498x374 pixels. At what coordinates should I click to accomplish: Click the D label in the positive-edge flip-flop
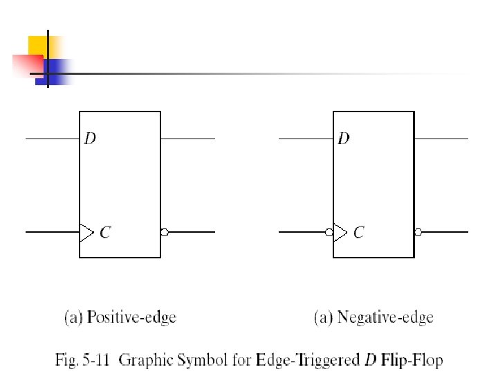pos(90,139)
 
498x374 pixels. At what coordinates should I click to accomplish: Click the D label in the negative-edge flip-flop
pos(344,139)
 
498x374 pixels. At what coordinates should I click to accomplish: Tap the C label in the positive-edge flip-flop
pos(104,233)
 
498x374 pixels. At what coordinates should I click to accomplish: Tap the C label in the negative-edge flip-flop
pos(358,233)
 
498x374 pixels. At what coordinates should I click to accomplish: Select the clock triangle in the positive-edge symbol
pos(86,232)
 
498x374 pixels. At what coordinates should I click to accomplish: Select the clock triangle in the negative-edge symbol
pos(340,232)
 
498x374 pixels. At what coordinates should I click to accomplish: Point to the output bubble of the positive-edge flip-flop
pos(164,232)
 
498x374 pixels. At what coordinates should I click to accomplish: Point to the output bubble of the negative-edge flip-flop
pos(418,232)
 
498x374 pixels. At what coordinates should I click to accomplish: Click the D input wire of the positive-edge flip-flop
pos(53,139)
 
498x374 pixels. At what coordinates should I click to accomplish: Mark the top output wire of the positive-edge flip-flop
pos(187,139)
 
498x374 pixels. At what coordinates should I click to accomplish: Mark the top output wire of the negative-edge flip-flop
pos(441,139)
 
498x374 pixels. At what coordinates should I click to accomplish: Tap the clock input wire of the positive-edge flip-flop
pos(53,232)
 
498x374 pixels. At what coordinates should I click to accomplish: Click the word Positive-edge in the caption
pos(131,318)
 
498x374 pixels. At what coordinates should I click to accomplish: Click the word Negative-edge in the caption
pos(385,318)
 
